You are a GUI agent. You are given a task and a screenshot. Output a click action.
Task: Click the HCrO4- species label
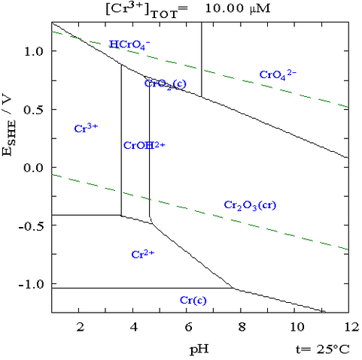pos(129,45)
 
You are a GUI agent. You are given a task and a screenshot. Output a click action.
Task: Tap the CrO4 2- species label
pos(277,74)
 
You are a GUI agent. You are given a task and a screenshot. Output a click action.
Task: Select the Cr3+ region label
pos(86,129)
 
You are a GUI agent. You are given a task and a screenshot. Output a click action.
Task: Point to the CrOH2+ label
pos(143,145)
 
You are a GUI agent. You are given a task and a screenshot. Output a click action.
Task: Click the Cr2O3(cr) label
pos(249,205)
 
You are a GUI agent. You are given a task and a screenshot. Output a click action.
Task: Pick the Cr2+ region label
pos(142,254)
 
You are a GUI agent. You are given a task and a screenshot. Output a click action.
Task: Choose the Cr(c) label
pos(193,301)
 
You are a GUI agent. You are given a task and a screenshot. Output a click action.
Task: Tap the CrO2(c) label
pos(164,83)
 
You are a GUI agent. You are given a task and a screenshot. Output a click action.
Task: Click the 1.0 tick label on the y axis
pos(33,51)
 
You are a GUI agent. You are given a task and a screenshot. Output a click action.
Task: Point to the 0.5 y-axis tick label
pos(33,109)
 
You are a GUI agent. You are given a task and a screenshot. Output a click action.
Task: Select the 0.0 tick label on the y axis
pos(33,168)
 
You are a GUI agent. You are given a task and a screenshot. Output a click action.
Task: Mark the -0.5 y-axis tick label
pos(31,225)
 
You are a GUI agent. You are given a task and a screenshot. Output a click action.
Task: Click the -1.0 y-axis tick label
pos(31,284)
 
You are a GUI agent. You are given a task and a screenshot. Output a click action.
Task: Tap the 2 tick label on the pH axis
pos(80,328)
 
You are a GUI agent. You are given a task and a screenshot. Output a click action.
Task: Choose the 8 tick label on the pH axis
pos(241,328)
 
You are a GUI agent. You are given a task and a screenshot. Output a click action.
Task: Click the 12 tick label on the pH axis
pos(348,328)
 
